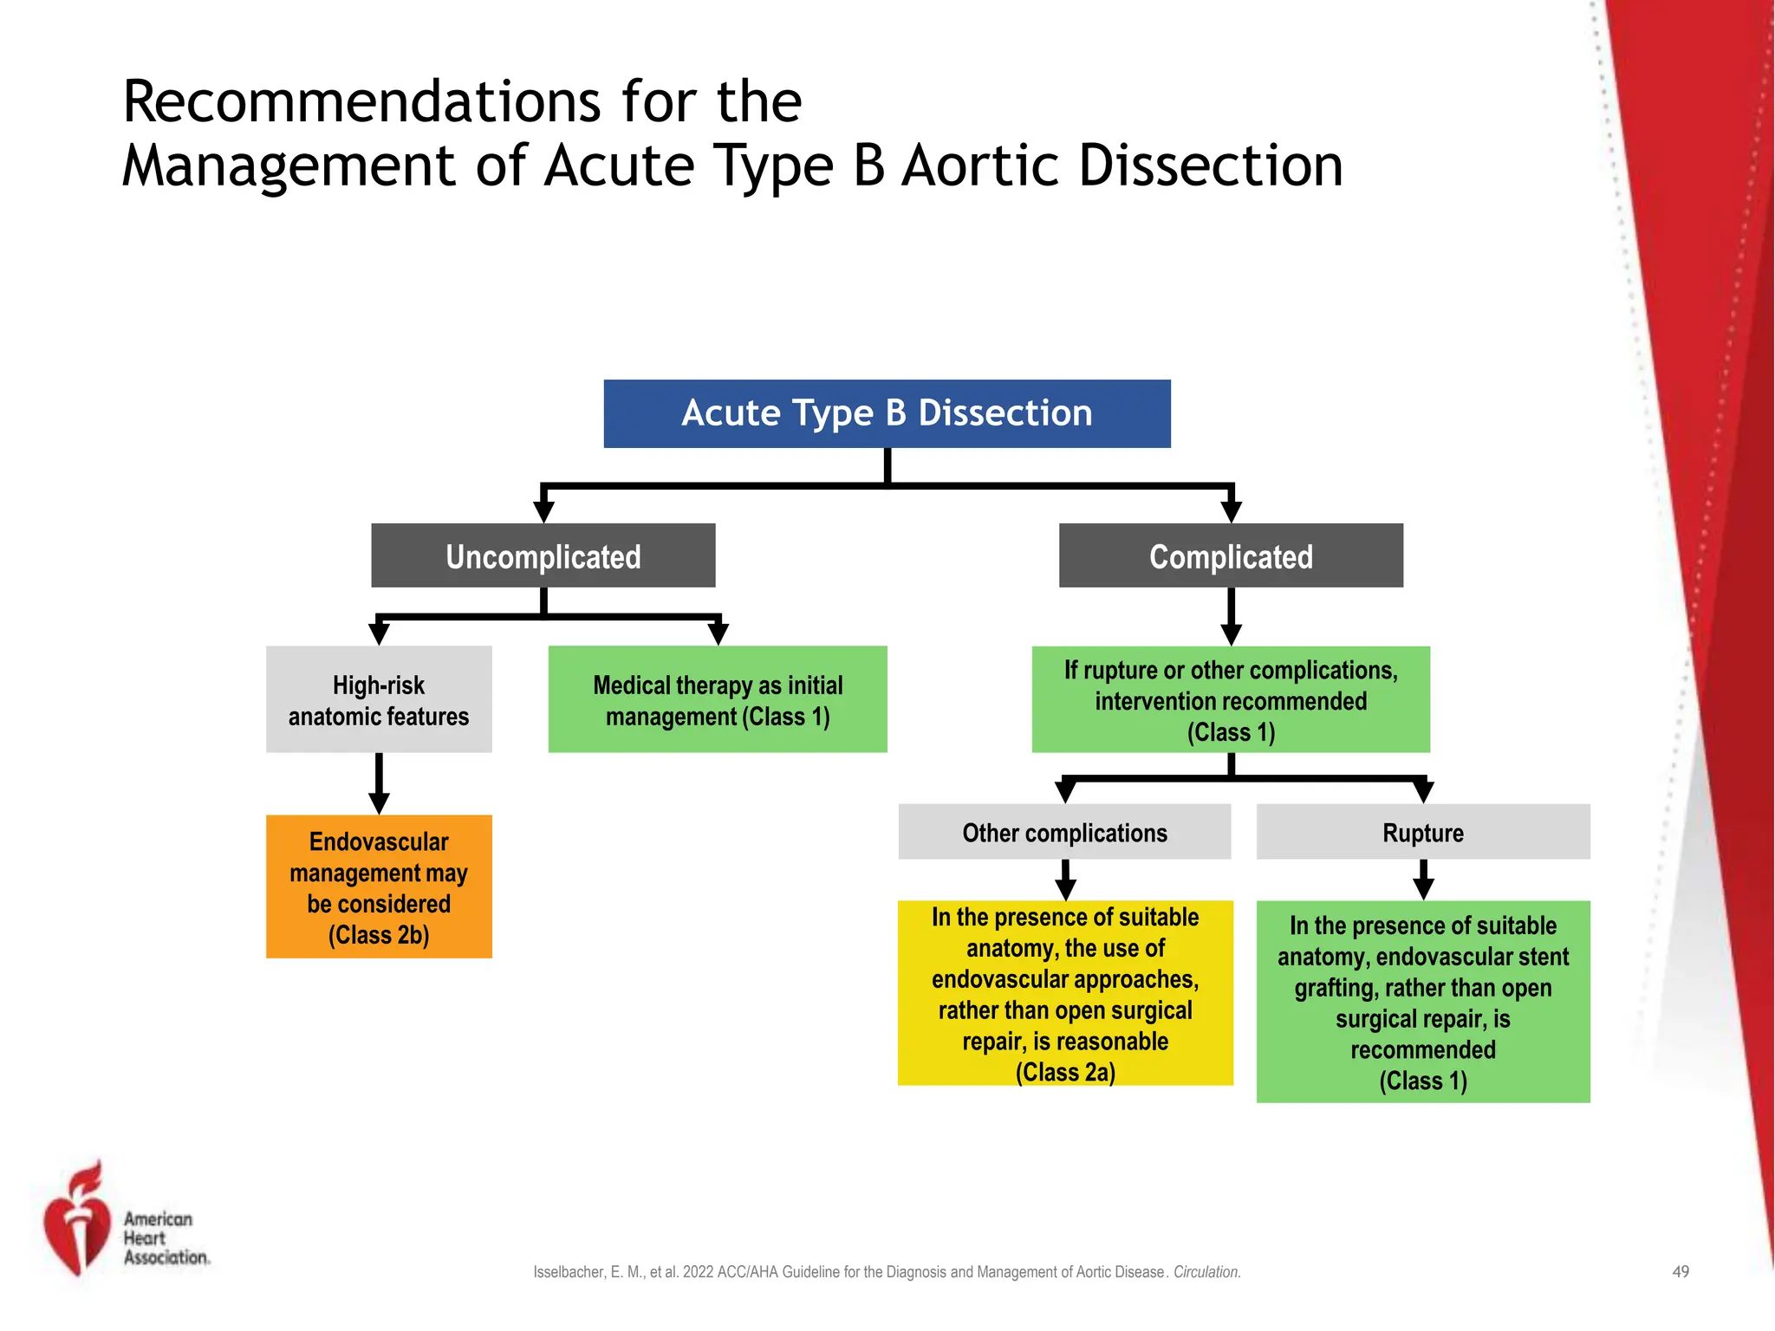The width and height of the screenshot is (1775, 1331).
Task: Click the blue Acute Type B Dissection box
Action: tap(887, 413)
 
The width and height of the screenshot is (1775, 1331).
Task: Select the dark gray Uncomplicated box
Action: tap(543, 555)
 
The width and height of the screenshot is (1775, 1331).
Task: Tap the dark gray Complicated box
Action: tap(1231, 555)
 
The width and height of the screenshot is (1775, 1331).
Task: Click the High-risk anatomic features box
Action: tap(379, 699)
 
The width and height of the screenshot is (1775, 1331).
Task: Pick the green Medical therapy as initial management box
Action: tap(718, 699)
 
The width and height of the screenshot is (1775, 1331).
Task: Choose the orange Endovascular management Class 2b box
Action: tap(379, 886)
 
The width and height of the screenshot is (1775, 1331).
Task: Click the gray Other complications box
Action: tap(1064, 832)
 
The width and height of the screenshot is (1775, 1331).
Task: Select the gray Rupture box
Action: tap(1423, 832)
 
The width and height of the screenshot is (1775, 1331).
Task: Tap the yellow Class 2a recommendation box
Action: tap(1065, 993)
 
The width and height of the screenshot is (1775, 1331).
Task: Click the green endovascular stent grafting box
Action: tap(1423, 1002)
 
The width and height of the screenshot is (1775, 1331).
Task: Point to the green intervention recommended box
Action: tap(1231, 699)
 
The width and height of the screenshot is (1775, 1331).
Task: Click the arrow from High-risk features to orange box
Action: tap(379, 784)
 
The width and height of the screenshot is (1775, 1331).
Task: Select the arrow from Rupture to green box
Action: tap(1423, 880)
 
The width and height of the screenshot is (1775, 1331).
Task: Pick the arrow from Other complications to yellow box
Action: tap(1065, 880)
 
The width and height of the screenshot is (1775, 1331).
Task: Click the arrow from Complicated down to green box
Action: tap(1231, 617)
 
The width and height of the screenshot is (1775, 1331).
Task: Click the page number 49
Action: tap(1680, 1271)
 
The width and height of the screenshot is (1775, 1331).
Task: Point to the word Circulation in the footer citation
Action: tap(1206, 1272)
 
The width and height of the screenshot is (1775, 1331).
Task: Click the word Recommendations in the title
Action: tap(361, 102)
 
